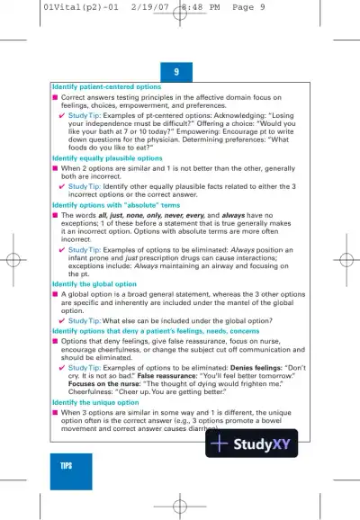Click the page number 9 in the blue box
[x=176, y=71]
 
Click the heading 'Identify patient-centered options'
[x=107, y=87]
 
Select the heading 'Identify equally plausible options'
[x=107, y=157]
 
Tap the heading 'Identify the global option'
[x=96, y=283]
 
